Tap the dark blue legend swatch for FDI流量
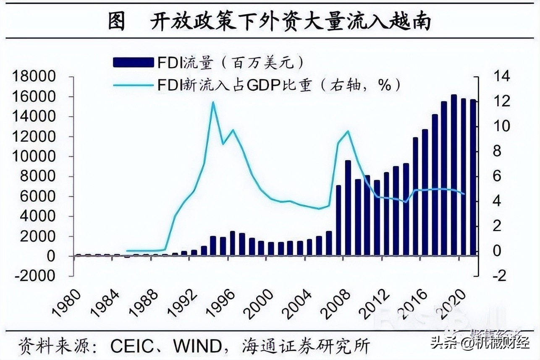tap(133, 63)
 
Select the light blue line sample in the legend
tap(133, 85)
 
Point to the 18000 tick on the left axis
tap(34, 77)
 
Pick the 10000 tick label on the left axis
tap(34, 157)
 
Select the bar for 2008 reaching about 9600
tap(348, 208)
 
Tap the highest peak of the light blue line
tap(213, 102)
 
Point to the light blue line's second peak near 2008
tap(348, 131)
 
